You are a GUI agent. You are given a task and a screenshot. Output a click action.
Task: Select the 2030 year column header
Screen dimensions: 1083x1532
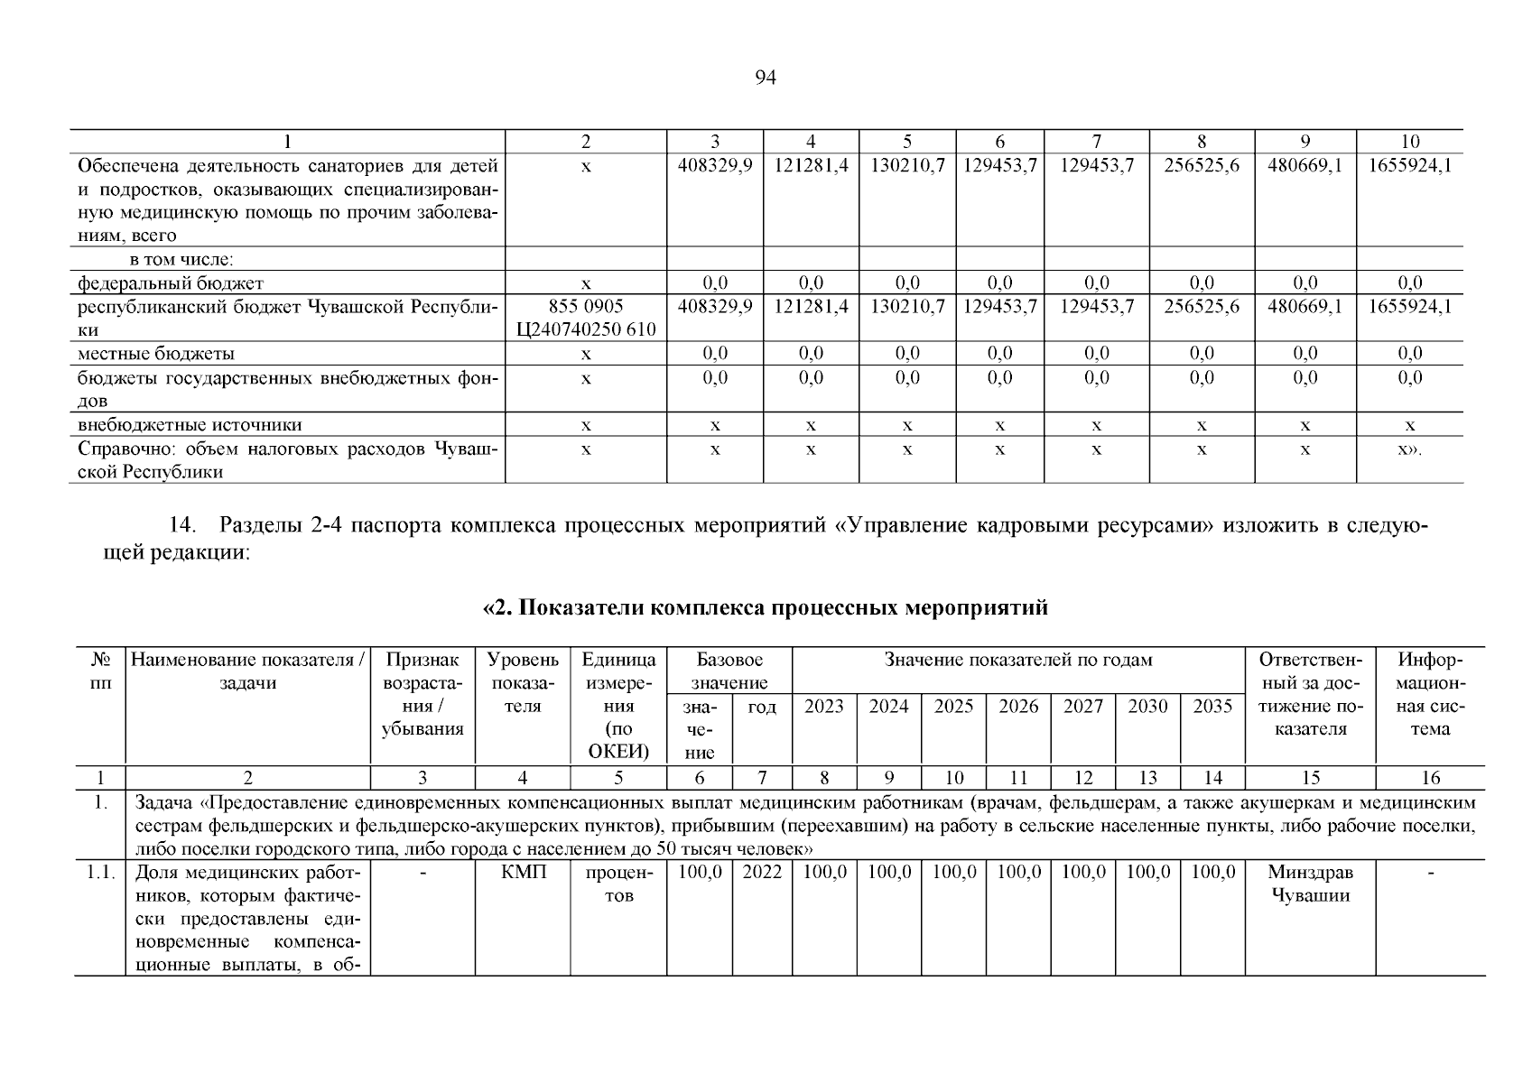point(1147,707)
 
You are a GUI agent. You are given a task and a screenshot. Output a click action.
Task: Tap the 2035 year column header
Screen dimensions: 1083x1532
point(1212,707)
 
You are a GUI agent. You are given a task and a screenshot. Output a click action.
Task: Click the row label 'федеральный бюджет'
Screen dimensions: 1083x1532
point(171,282)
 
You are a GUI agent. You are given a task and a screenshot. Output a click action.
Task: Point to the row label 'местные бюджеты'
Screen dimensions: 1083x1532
point(156,353)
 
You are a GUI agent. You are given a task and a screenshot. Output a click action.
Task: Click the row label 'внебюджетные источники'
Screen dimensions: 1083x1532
point(190,424)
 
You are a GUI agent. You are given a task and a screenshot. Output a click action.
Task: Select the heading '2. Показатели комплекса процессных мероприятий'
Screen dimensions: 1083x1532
point(766,607)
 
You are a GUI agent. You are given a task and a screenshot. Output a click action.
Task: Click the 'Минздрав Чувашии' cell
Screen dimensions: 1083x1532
point(1310,884)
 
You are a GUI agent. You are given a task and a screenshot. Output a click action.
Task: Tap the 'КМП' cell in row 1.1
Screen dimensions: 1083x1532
point(523,873)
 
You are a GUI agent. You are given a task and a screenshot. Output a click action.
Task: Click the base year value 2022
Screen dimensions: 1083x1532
point(762,873)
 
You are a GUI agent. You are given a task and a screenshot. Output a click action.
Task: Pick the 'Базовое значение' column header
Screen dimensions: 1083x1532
point(729,671)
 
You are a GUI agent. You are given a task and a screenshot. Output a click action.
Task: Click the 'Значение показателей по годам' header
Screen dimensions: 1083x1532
point(1018,661)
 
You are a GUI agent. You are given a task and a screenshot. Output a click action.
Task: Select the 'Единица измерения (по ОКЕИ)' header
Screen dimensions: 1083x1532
point(618,706)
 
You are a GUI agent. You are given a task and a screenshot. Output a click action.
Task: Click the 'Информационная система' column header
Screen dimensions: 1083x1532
point(1429,694)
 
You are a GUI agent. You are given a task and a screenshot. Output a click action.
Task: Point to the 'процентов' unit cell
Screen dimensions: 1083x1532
point(618,884)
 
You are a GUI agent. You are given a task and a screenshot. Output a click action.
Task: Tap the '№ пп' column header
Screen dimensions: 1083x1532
point(99,671)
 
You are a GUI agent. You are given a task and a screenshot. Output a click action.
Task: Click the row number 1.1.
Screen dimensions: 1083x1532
point(99,873)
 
